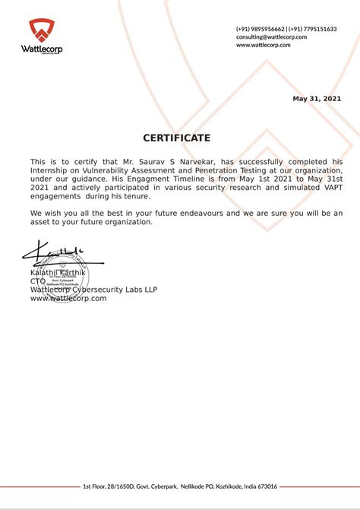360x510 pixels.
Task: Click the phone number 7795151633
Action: coord(319,29)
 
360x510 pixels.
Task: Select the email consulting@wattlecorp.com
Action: coord(271,36)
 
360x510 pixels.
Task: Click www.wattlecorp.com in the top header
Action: coord(264,45)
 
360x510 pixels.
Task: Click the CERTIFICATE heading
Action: coord(176,138)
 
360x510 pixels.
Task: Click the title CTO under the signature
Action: coord(38,280)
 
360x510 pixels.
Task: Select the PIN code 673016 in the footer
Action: coord(266,486)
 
